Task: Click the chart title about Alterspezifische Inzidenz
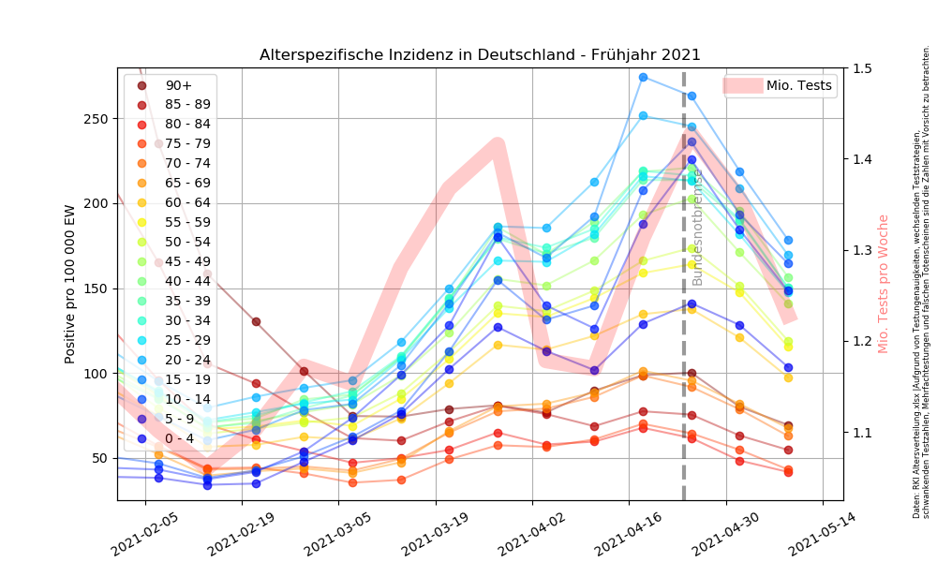(x=480, y=55)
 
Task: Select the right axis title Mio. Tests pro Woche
(x=884, y=284)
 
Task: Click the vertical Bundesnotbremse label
(x=697, y=229)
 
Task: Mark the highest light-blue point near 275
(x=643, y=77)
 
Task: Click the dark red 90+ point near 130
(x=256, y=321)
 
